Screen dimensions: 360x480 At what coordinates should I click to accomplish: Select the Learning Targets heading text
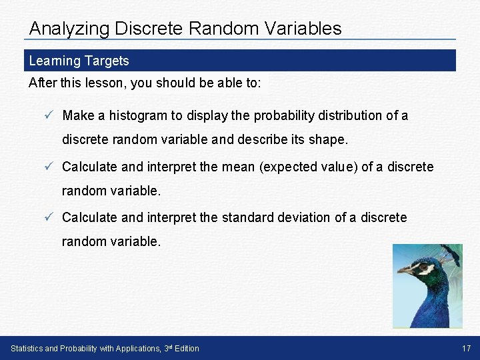click(79, 61)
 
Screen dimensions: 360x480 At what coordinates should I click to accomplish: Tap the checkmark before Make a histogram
click(49, 115)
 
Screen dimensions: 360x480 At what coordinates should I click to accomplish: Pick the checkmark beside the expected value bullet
click(49, 167)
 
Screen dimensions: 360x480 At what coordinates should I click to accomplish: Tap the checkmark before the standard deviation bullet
click(49, 217)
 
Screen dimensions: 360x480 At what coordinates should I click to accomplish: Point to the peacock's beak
click(404, 271)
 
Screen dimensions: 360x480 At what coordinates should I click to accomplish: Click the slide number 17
click(466, 348)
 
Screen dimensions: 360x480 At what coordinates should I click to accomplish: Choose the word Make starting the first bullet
click(78, 115)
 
